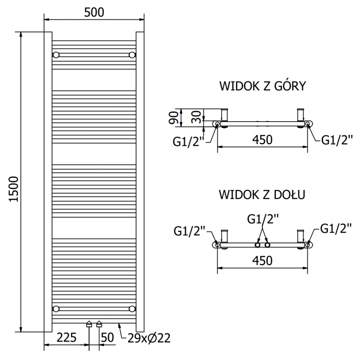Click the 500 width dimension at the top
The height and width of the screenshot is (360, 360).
pos(94,13)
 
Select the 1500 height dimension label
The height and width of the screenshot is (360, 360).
pos(13,189)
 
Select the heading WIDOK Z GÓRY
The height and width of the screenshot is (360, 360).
pos(262,86)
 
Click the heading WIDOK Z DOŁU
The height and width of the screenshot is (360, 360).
pos(262,194)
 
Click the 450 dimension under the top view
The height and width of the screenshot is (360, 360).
pos(262,139)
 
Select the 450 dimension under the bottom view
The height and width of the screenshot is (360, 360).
pos(262,261)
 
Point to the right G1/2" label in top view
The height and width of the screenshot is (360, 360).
pos(336,140)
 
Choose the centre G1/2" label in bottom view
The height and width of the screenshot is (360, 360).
pos(262,219)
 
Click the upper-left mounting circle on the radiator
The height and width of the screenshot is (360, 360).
pos(56,55)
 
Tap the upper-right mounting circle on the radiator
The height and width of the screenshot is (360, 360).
pos(132,55)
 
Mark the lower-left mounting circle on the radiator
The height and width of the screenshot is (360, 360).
pos(56,308)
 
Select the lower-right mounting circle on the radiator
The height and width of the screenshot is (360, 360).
pos(132,308)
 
